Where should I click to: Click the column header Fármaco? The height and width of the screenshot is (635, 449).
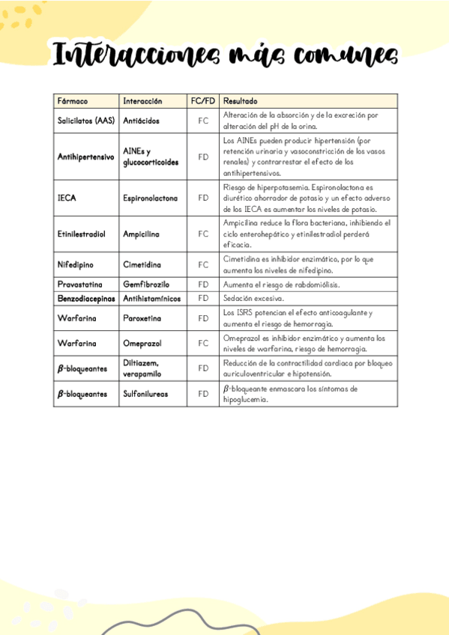pos(73,100)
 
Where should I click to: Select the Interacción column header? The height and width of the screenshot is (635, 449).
pos(142,100)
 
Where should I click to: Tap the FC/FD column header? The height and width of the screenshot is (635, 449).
pos(202,100)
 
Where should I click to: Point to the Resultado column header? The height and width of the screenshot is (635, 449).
pos(240,100)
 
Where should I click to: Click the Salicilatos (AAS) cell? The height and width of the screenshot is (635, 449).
pos(85,120)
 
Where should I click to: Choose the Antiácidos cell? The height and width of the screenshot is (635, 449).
pos(141,120)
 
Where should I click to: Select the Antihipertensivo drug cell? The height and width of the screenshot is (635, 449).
pos(85,157)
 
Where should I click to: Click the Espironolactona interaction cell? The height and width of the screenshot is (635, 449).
pos(150,198)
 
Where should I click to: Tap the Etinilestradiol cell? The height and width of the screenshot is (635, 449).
pos(82,234)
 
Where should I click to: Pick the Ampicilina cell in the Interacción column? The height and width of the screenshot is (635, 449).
pos(141,234)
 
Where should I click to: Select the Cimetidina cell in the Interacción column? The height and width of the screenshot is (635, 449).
pos(142,264)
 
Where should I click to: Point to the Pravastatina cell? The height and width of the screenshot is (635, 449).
pos(80,285)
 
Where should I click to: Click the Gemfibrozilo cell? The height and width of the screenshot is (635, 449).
pos(146,285)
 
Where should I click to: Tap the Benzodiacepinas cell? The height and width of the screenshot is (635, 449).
pos(86,298)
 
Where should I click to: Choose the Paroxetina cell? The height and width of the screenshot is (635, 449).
pos(142,317)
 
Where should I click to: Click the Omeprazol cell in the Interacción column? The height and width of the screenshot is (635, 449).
pos(142,343)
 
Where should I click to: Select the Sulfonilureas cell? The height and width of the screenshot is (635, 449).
pos(145,393)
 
